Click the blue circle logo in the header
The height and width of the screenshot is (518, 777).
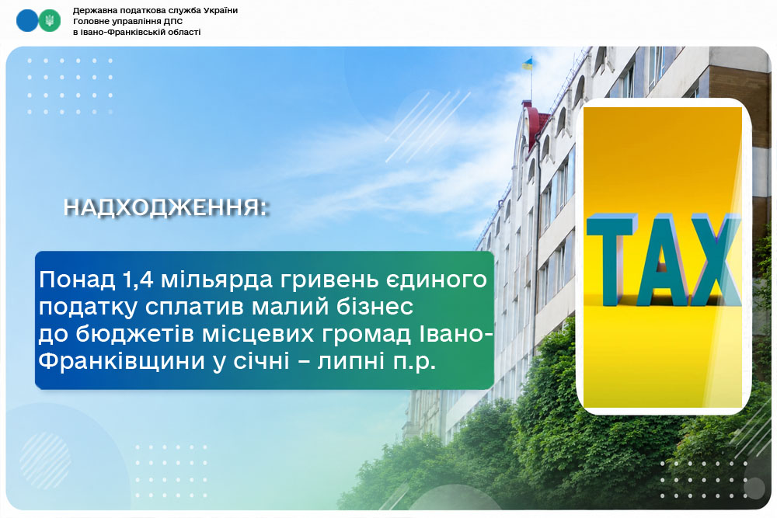26,21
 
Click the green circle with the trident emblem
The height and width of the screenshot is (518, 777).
50,21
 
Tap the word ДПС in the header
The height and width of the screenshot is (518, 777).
174,21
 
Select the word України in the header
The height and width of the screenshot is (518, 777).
221,10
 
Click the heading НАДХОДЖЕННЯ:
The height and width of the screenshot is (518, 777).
165,207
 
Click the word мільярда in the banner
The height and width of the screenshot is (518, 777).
217,280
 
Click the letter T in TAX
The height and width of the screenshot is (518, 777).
611,259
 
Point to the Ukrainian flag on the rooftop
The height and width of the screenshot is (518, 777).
527,64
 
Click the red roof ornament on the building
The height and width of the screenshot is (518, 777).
536,123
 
